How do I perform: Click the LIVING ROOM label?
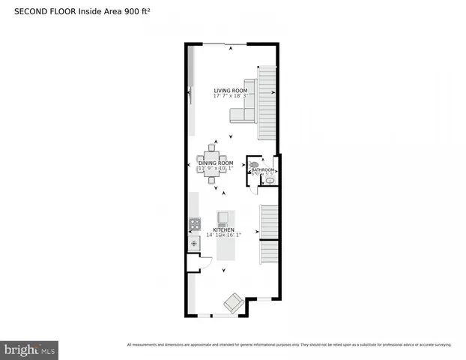(x=230, y=90)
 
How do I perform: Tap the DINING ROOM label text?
(x=216, y=163)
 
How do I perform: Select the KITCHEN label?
(x=223, y=229)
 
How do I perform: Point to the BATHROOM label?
(x=263, y=170)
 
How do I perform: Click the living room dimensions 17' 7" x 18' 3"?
(x=230, y=96)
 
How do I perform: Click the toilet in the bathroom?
(x=254, y=163)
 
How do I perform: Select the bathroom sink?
(x=270, y=181)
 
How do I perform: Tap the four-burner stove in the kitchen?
(x=194, y=223)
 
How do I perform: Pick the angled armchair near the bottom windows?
(x=233, y=303)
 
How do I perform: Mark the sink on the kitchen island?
(x=223, y=219)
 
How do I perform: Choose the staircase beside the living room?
(x=267, y=103)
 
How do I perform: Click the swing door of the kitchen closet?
(x=198, y=258)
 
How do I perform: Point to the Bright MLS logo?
(x=29, y=349)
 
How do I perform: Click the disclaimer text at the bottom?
(x=289, y=344)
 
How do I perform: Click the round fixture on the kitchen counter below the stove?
(x=193, y=243)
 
